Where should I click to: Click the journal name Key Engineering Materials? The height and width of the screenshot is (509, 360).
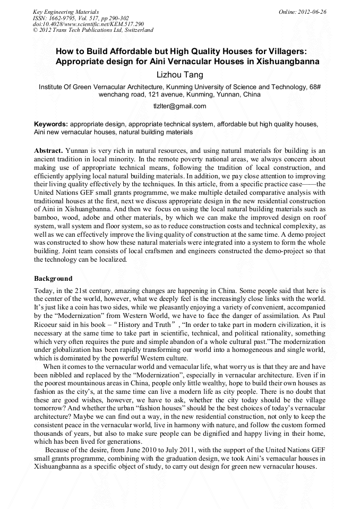(x=66, y=11)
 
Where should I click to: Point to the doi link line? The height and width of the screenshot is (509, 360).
(x=88, y=24)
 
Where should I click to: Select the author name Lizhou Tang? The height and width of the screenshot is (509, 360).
(x=180, y=75)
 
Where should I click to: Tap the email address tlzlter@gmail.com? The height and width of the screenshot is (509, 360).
(x=180, y=106)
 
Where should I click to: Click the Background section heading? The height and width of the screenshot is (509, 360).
(x=53, y=279)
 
